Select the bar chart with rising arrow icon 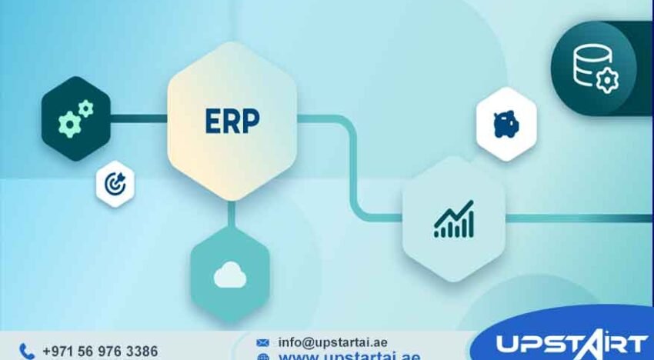[x=453, y=219]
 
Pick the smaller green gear [x=85, y=108]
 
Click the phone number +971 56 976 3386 [x=99, y=352]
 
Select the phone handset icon [x=27, y=352]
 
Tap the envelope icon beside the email [x=263, y=342]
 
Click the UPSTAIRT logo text [x=569, y=344]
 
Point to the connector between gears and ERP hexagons [x=139, y=118]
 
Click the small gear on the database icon [x=606, y=80]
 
